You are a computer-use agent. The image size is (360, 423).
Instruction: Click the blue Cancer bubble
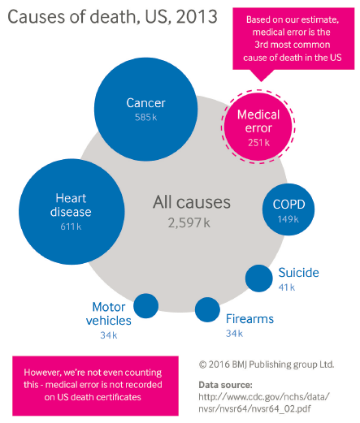click(x=145, y=109)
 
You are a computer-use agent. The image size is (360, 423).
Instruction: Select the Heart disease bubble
click(x=72, y=211)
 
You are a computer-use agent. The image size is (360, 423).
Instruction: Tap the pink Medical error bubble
click(x=258, y=127)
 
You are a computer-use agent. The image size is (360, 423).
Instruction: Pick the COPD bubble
click(x=288, y=209)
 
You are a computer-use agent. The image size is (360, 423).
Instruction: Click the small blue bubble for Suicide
click(x=259, y=278)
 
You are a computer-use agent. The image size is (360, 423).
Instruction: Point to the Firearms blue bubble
click(x=207, y=309)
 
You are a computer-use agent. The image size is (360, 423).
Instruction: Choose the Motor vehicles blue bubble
click(x=146, y=306)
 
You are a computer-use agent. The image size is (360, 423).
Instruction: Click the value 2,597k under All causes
click(x=189, y=223)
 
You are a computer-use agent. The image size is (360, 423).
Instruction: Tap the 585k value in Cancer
click(x=145, y=117)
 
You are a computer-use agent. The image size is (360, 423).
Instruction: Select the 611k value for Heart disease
click(x=71, y=227)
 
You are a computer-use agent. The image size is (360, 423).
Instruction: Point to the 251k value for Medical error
click(x=258, y=143)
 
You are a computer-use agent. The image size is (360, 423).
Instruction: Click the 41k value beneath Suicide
click(x=287, y=287)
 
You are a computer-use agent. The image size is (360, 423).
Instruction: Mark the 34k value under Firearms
click(x=234, y=333)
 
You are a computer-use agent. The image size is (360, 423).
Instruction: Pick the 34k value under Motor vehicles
click(x=109, y=335)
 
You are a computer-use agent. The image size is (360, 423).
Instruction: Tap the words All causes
click(x=192, y=202)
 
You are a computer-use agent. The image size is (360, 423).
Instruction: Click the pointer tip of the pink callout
click(x=261, y=81)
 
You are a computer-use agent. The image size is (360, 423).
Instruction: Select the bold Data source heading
click(x=225, y=385)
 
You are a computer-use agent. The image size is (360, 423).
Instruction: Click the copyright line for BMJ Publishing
click(x=267, y=365)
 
